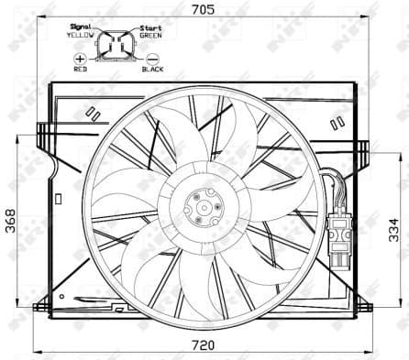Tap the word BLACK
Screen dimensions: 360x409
click(x=151, y=70)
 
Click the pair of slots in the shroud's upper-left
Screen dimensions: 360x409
click(x=92, y=114)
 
